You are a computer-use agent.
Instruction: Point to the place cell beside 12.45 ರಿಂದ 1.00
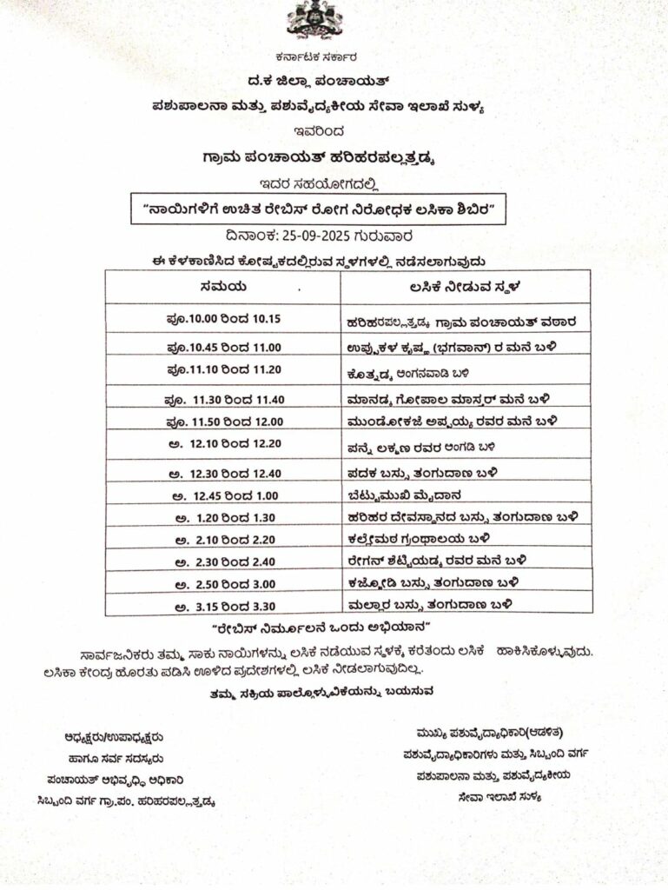tap(400, 495)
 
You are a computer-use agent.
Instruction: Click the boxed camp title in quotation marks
tap(319, 209)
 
